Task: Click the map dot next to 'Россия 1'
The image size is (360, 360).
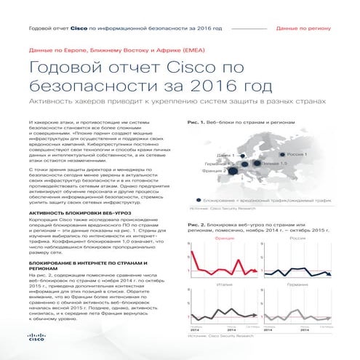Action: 283,155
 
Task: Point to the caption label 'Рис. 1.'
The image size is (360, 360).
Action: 196,122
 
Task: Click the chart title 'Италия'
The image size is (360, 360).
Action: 225,284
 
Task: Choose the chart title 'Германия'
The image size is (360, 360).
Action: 297,284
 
